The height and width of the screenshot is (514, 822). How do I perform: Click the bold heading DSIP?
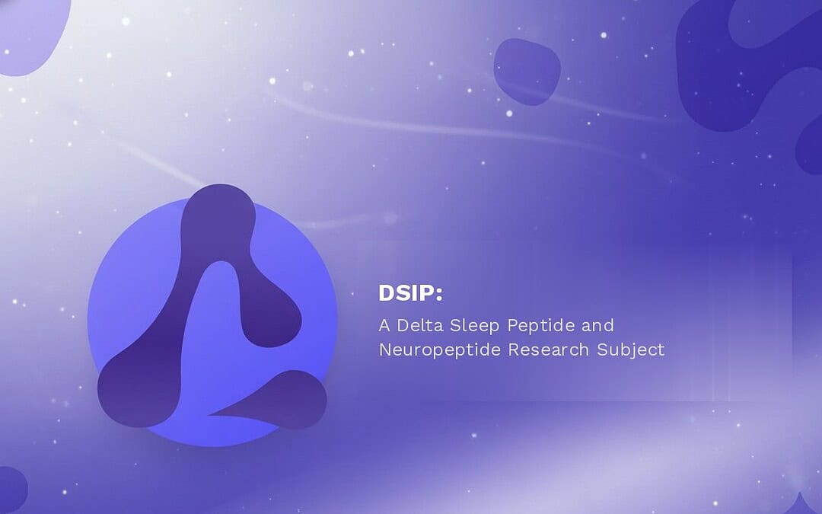pos(410,293)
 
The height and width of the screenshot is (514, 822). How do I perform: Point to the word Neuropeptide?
pos(439,350)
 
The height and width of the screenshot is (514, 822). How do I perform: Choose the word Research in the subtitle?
pos(548,350)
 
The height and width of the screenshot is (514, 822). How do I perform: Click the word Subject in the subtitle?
pos(631,350)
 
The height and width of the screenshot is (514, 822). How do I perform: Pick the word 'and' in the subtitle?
pos(597,326)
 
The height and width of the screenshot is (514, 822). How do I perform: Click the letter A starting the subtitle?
pos(384,326)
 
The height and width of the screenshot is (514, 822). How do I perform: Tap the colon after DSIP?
pos(439,295)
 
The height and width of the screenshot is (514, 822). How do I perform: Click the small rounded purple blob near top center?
pos(527,71)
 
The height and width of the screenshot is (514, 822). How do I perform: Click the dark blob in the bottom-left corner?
pos(11,489)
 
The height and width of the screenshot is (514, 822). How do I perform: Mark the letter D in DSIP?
pos(386,293)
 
